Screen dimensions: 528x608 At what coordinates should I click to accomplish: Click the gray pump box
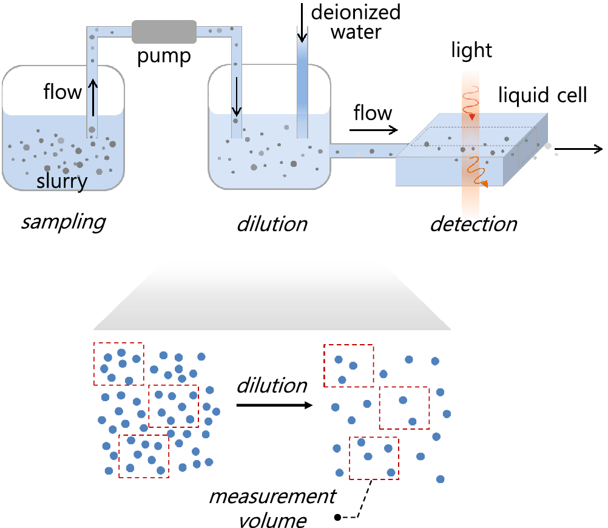(x=164, y=32)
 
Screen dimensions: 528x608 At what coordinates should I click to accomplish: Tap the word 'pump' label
(x=164, y=57)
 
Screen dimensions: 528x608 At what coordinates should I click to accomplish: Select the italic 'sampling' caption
(x=63, y=222)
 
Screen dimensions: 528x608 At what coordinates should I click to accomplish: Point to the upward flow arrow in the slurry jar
(x=92, y=99)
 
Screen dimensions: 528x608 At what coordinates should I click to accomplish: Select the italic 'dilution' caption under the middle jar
(x=272, y=223)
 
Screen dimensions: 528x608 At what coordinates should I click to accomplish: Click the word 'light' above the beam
(x=471, y=50)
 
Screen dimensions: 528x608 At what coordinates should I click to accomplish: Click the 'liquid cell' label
(x=542, y=95)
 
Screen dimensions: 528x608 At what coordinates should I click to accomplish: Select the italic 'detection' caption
(x=473, y=224)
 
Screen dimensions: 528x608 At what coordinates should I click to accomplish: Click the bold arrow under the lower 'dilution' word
(x=271, y=404)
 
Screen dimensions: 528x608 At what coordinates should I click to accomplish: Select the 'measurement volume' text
(x=272, y=507)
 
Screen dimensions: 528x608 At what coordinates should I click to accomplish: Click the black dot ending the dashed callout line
(x=337, y=518)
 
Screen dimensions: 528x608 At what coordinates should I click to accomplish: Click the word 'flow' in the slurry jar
(x=62, y=92)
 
